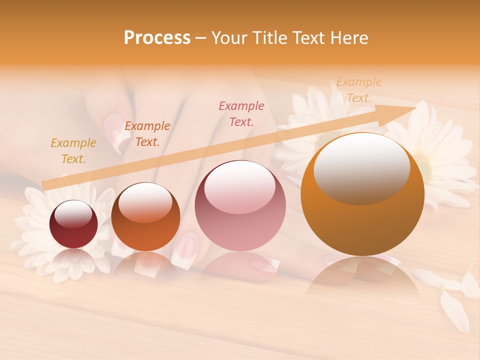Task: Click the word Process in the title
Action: (x=157, y=38)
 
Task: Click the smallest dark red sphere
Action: (x=73, y=224)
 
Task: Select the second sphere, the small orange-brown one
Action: (x=145, y=217)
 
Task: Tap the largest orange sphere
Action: (x=362, y=194)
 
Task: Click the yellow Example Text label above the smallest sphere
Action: (x=73, y=151)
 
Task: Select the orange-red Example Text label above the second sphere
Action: (x=147, y=134)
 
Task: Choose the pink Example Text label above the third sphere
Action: (x=241, y=114)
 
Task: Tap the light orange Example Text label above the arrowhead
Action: (x=358, y=90)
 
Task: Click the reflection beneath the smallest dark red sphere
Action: (x=73, y=260)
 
